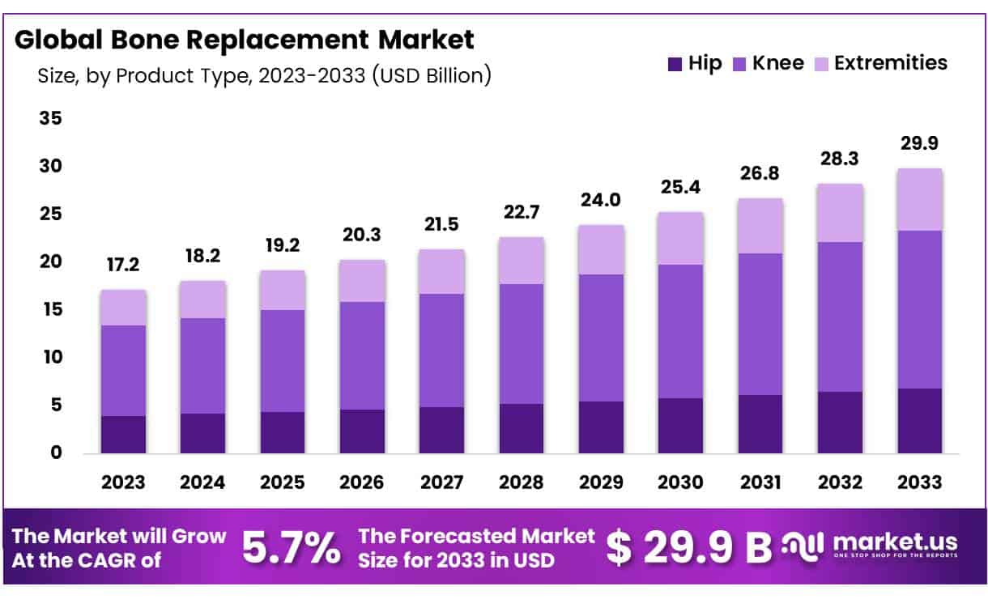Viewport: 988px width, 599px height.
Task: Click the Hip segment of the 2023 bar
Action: coord(123,435)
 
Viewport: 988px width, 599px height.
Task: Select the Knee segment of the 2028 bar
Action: coord(522,344)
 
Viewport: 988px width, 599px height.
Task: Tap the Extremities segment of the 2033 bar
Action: coord(919,200)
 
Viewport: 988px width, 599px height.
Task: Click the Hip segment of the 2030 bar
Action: coord(680,426)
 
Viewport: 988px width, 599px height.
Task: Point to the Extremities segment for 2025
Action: coord(283,290)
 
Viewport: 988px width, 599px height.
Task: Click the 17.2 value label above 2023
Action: coord(123,265)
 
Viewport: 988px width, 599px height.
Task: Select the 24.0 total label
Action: coord(601,200)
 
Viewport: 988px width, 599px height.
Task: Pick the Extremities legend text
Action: coord(890,63)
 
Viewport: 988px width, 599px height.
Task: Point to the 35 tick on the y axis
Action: coord(50,119)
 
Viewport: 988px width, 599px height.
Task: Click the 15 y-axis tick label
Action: coord(50,310)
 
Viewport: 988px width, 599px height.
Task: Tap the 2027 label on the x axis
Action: coord(442,482)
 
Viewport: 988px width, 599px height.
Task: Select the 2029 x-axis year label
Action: coord(601,482)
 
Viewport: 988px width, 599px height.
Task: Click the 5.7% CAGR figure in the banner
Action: coord(292,548)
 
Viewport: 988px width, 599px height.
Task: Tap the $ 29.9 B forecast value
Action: coord(689,548)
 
